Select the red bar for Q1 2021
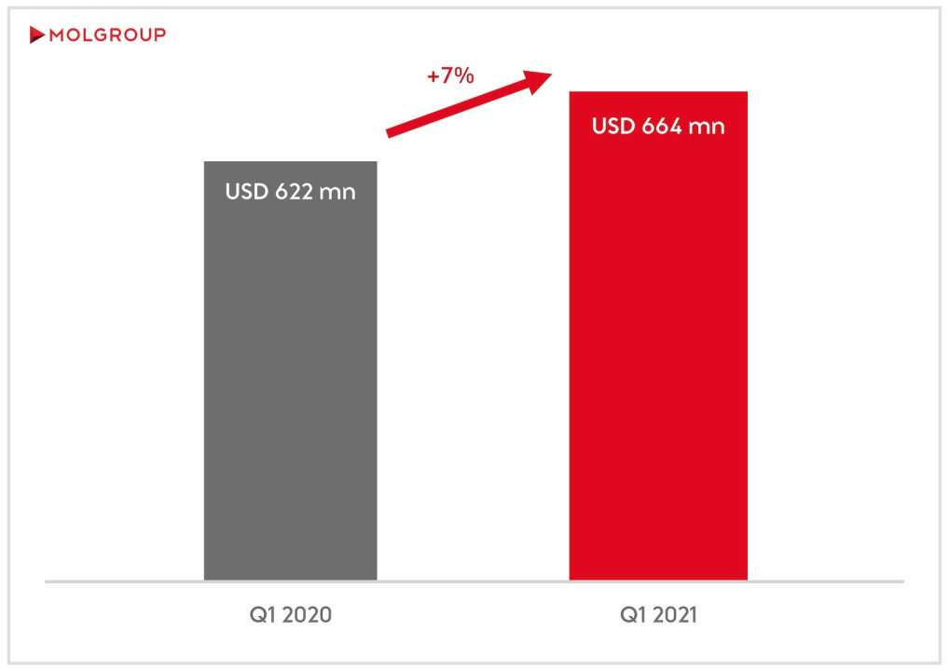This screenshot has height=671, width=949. [x=658, y=373]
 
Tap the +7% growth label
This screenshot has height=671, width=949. [x=450, y=76]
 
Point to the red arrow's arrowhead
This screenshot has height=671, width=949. [x=541, y=80]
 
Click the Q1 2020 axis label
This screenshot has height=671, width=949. [x=290, y=615]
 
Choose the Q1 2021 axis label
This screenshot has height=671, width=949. [x=658, y=615]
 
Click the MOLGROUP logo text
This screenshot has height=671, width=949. [x=106, y=35]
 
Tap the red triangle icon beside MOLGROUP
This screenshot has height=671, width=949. [x=36, y=35]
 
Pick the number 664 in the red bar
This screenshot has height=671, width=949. [x=662, y=126]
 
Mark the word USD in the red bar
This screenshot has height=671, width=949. [x=613, y=126]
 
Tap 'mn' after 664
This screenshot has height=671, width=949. [x=707, y=126]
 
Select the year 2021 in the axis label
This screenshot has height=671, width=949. [x=672, y=615]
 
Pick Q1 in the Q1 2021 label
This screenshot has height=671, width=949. [x=627, y=615]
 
